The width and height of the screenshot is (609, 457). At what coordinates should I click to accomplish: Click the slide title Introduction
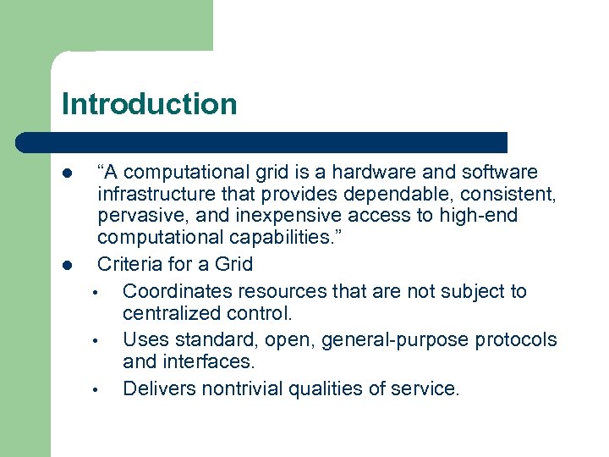coord(149,104)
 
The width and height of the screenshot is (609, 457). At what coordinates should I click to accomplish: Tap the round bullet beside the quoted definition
coord(67,173)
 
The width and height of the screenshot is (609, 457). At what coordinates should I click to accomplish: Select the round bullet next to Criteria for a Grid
coord(67,265)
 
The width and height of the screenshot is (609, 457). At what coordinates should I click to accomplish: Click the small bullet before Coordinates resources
coord(97,293)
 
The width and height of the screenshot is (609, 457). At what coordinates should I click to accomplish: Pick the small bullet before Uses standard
coord(97,341)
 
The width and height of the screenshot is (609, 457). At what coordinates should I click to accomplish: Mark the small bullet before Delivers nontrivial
coord(97,390)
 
